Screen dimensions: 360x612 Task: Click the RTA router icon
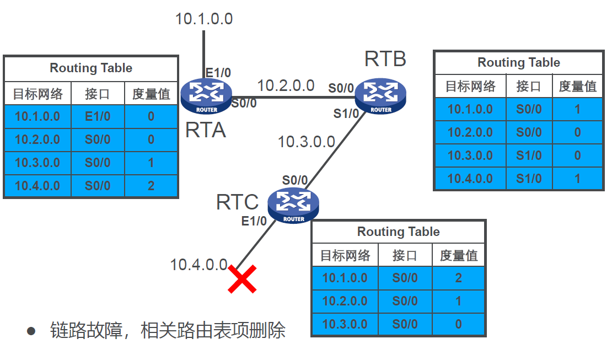206,92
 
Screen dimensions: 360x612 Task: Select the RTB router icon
380,94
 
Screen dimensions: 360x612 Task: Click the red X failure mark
242,280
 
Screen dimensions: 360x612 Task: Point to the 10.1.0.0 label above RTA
204,19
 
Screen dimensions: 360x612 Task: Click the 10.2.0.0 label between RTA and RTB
286,85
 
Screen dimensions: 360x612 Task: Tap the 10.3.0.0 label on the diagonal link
306,142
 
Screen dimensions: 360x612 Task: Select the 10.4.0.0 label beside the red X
198,265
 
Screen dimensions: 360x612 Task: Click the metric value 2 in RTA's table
151,186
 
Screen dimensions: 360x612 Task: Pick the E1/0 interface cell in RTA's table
98,117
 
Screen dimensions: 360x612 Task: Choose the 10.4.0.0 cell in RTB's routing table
470,179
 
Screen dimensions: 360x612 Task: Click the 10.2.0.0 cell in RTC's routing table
345,301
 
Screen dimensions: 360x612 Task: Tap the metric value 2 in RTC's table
458,278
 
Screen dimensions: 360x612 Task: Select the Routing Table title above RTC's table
398,232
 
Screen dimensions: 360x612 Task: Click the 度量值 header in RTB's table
577,87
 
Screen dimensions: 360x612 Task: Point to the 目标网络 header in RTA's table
37,94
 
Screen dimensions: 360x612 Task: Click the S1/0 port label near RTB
346,114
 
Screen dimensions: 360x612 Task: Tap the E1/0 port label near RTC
254,221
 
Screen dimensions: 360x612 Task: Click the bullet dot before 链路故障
31,331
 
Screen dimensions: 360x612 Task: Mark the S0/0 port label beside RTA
244,103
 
